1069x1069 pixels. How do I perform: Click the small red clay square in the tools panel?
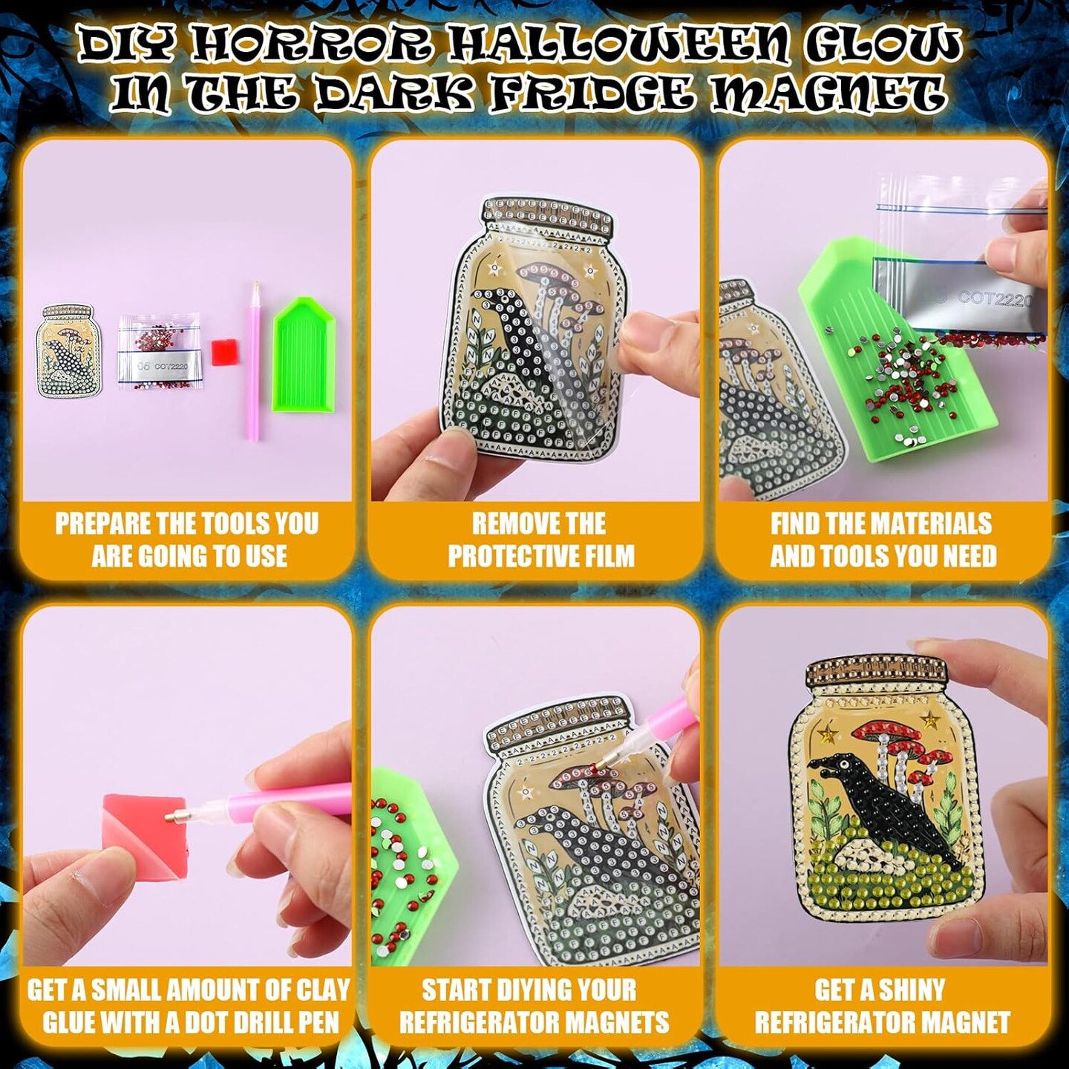[x=223, y=352]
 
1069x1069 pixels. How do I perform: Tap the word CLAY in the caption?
[x=321, y=990]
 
